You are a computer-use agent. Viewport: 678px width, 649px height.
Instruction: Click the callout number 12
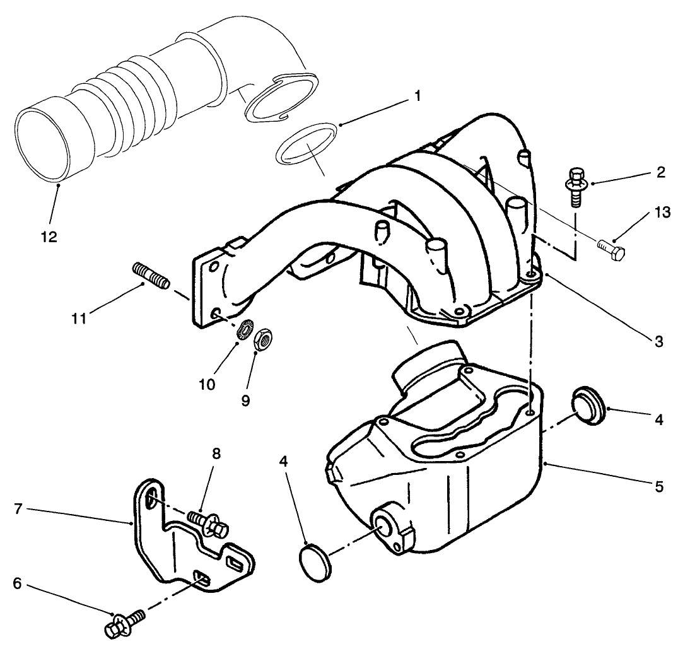pyautogui.click(x=49, y=237)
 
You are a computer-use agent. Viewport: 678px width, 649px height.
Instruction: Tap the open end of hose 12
pyautogui.click(x=42, y=144)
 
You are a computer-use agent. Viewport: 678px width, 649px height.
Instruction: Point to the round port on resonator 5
pyautogui.click(x=384, y=524)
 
